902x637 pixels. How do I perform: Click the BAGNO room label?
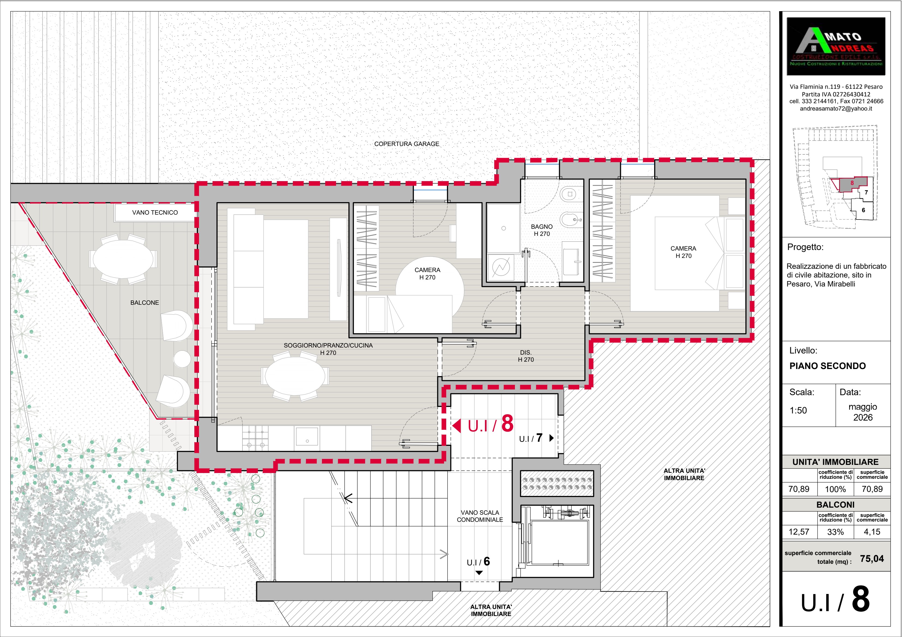pos(542,227)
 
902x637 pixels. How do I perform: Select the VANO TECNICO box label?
pos(155,212)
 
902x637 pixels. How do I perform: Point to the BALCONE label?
pos(144,303)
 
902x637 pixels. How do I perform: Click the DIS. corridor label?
pos(526,352)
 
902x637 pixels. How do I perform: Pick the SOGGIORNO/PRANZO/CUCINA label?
pos(328,345)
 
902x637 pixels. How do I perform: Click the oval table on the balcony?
pos(123,259)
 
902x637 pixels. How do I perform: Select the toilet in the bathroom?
pos(569,194)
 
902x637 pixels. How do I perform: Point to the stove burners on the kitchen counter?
pos(255,438)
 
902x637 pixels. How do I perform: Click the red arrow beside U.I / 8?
pos(457,425)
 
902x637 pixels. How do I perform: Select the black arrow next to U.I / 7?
pos(551,438)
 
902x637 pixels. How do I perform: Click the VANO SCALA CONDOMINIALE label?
pos(480,516)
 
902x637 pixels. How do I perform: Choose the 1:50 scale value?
pos(798,410)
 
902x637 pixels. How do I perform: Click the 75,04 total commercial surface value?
pos(872,559)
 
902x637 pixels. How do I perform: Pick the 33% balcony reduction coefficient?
pos(835,532)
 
